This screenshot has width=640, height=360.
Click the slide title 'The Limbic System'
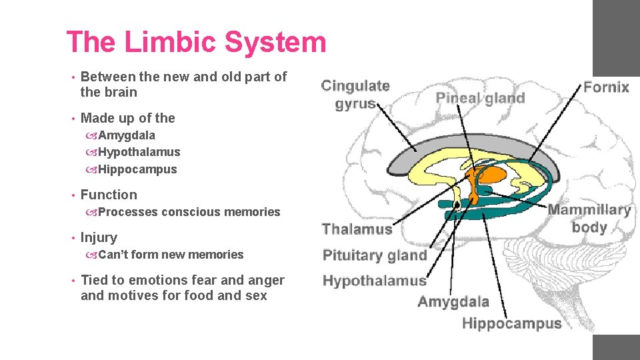pyautogui.click(x=196, y=43)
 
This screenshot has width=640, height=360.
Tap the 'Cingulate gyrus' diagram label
pyautogui.click(x=355, y=95)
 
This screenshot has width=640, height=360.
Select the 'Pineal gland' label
pyautogui.click(x=480, y=98)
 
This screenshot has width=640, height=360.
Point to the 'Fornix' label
pyautogui.click(x=606, y=87)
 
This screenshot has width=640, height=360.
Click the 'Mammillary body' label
pyautogui.click(x=589, y=219)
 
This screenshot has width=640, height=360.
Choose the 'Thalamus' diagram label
pyautogui.click(x=357, y=229)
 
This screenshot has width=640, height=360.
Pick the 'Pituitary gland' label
pyautogui.click(x=375, y=255)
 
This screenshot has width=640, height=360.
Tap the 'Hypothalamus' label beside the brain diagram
pyautogui.click(x=374, y=280)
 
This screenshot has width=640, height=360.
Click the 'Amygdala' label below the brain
pyautogui.click(x=453, y=301)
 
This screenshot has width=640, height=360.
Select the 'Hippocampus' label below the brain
pyautogui.click(x=511, y=324)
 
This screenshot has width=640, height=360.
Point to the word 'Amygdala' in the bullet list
pyautogui.click(x=127, y=135)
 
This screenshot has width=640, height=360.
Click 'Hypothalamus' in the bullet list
pyautogui.click(x=139, y=152)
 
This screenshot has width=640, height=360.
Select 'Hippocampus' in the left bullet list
pyautogui.click(x=137, y=169)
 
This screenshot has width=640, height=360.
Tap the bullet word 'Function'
pyautogui.click(x=109, y=195)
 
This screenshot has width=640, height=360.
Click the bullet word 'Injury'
pyautogui.click(x=99, y=237)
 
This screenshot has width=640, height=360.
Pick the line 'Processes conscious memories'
pyautogui.click(x=189, y=212)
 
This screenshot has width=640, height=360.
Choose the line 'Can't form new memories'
pyautogui.click(x=171, y=255)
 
